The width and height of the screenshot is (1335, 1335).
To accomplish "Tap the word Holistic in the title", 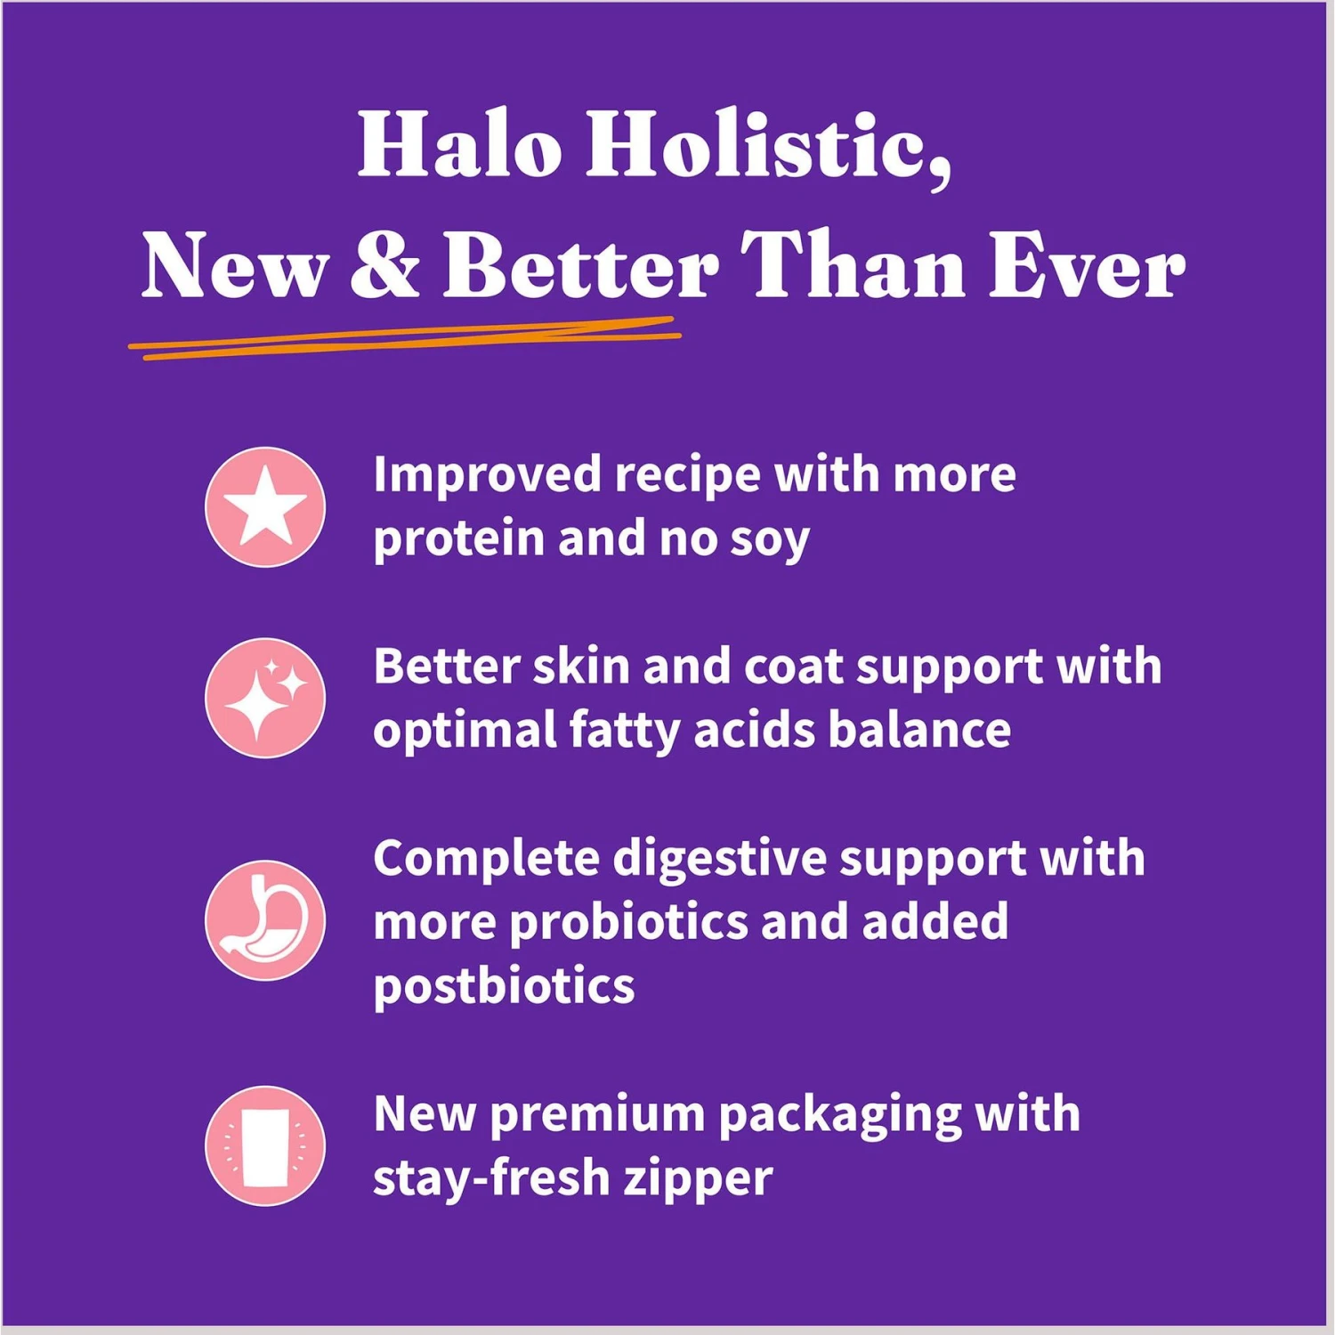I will click(x=768, y=148).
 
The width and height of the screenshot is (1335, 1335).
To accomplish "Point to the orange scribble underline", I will click(x=405, y=339).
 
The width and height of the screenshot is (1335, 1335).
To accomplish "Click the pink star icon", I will click(x=265, y=507).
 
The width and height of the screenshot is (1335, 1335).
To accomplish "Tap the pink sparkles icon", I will click(x=265, y=699).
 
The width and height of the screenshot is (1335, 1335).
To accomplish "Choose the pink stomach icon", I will click(x=265, y=921).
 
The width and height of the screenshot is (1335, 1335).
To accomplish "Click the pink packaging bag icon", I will click(x=265, y=1146).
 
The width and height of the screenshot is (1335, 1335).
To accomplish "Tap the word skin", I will click(x=580, y=667).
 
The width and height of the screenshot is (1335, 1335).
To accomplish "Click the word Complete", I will click(x=486, y=861).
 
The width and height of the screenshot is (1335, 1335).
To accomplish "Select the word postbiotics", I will click(x=504, y=987).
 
